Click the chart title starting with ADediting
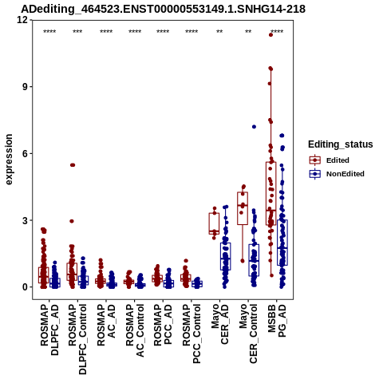[x=163, y=9]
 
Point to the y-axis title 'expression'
[x=9, y=160]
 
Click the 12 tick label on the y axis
[x=22, y=19]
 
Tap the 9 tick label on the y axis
[x=26, y=87]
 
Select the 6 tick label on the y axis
[x=26, y=153]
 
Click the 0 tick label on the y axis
[x=26, y=287]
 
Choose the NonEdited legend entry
[x=337, y=174]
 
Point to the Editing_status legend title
[x=341, y=144]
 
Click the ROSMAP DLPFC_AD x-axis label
[x=49, y=330]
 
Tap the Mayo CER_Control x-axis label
[x=248, y=334]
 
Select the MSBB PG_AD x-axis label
[x=277, y=321]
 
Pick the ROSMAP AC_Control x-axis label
[x=135, y=330]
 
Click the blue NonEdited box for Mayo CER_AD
[x=225, y=256]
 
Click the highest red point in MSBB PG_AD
[x=270, y=35]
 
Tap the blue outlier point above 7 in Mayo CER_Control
[x=254, y=127]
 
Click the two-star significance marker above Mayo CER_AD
[x=219, y=32]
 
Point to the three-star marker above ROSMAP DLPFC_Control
[x=77, y=32]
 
